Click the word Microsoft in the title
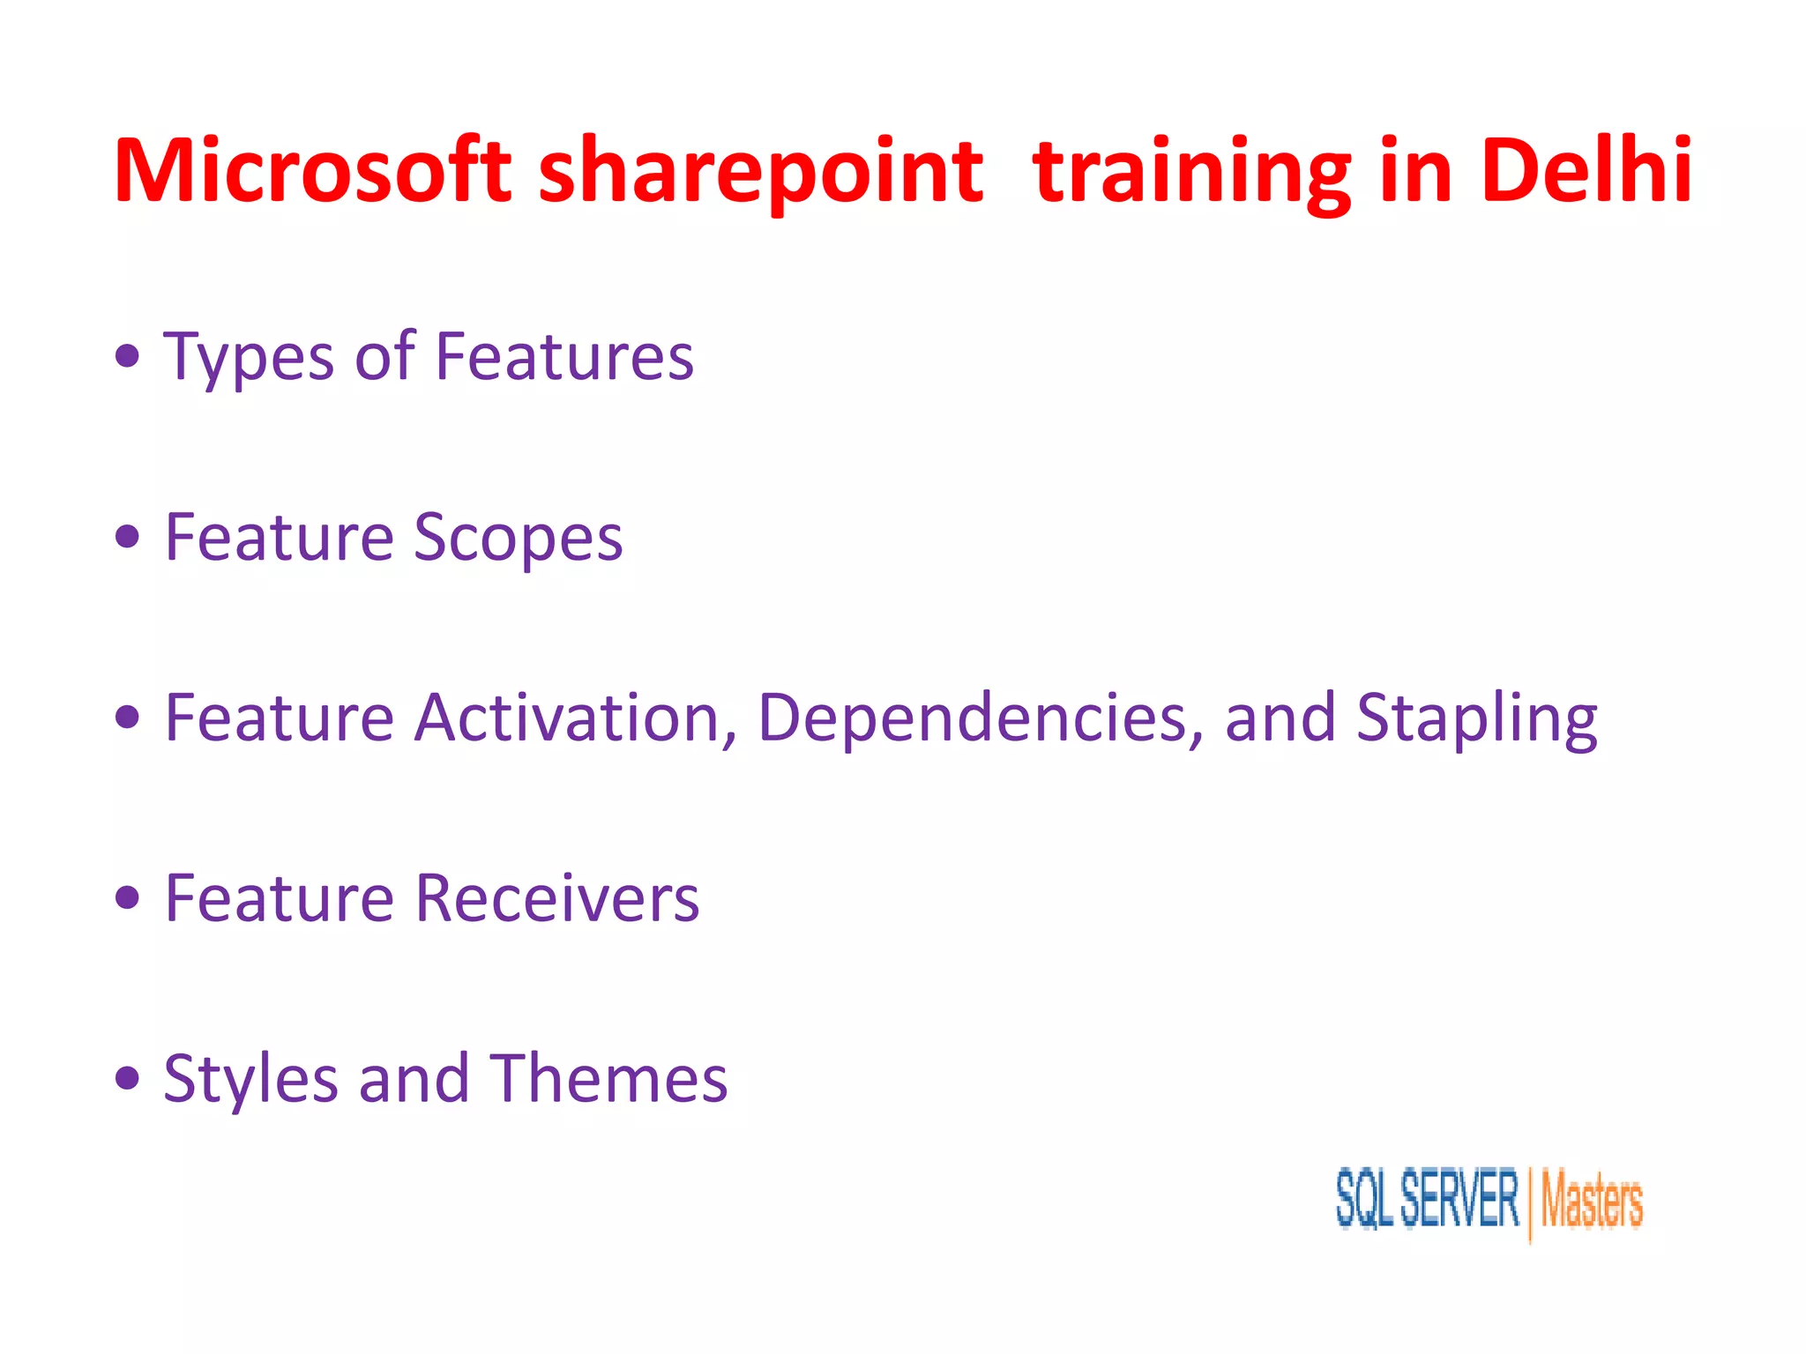[312, 170]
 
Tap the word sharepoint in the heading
[760, 172]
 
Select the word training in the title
[1191, 172]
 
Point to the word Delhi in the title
[1586, 170]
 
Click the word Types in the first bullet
[250, 358]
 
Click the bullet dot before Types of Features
[128, 356]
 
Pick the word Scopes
[519, 538]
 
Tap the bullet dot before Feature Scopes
[128, 536]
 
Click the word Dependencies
[980, 718]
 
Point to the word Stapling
[1476, 719]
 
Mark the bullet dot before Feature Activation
[128, 717]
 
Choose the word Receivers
[557, 898]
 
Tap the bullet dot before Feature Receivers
[128, 897]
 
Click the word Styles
[250, 1080]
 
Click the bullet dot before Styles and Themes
[128, 1077]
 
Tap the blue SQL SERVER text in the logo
[1427, 1198]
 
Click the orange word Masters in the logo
[1592, 1201]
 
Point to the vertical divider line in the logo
[1530, 1203]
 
